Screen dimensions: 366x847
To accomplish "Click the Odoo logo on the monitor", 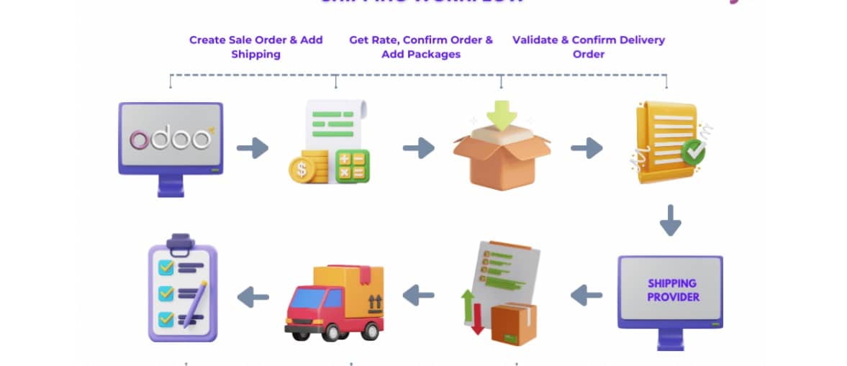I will [x=170, y=139].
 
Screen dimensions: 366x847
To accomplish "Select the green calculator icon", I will [x=352, y=166].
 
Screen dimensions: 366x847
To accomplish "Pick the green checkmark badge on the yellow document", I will [x=694, y=152].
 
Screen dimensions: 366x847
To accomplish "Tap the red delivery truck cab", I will [x=304, y=309].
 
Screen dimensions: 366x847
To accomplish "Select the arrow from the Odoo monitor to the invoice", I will [x=253, y=149].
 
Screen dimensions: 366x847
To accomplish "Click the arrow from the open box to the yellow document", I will [x=586, y=149].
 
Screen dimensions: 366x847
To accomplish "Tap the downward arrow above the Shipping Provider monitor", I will [x=670, y=220].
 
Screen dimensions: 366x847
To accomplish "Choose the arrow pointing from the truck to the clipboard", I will [x=253, y=296].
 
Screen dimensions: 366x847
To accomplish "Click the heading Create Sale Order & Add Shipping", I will [x=255, y=47].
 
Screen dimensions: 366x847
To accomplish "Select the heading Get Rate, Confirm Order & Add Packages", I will [x=421, y=47].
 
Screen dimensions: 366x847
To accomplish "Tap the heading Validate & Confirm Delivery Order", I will [x=588, y=47].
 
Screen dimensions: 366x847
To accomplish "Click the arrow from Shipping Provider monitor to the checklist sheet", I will [x=586, y=294].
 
